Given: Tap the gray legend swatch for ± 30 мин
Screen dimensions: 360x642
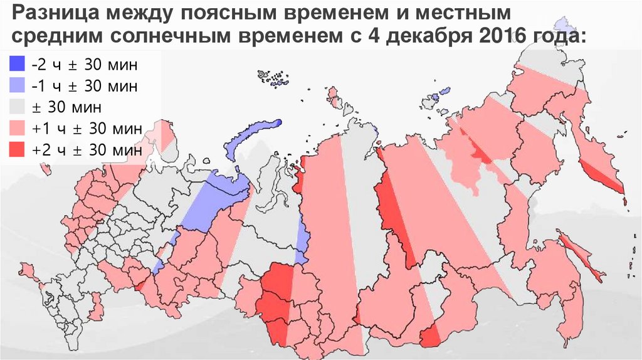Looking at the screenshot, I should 17,107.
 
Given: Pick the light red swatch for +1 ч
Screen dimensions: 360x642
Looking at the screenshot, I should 17,129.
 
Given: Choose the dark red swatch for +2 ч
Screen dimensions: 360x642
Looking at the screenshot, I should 17,151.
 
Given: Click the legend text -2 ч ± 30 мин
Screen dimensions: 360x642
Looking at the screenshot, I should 83,65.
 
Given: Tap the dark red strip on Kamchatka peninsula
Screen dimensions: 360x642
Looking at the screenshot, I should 603,175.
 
